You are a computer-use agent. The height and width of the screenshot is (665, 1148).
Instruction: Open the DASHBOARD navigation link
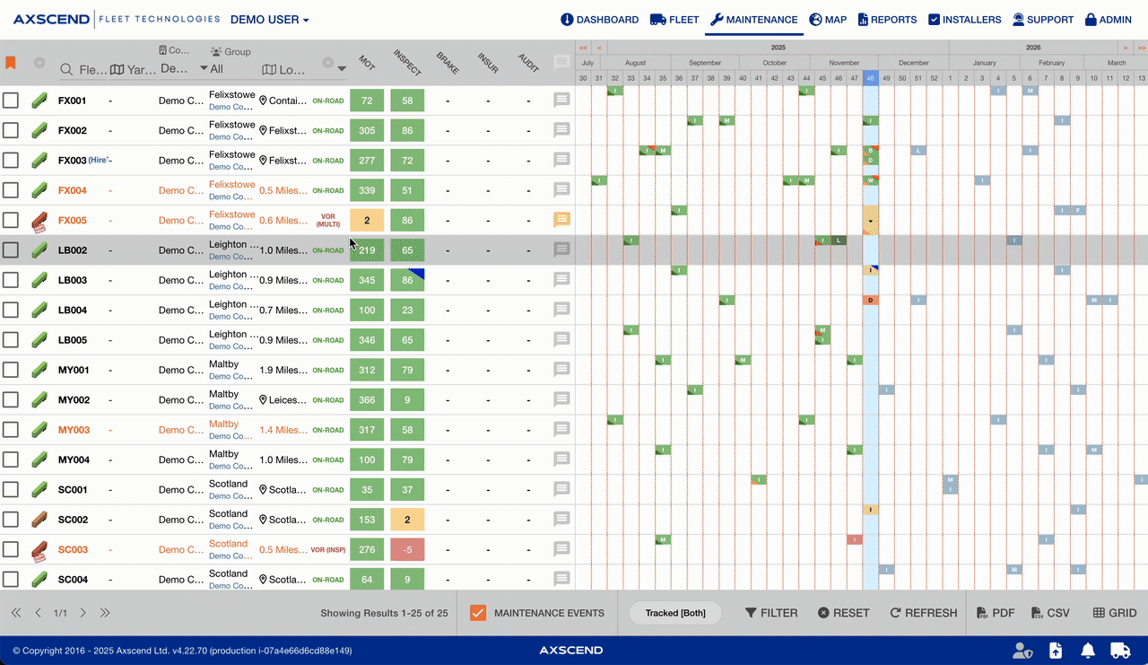point(600,20)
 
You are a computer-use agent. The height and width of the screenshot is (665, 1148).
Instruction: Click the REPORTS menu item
point(887,20)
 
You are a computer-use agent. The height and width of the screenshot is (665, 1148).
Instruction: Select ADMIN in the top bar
point(1108,20)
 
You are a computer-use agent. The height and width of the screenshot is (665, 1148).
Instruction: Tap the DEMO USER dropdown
point(269,20)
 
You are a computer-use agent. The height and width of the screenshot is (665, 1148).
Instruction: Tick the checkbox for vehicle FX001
point(10,101)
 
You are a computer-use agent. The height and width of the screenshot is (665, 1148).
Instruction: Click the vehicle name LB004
point(73,311)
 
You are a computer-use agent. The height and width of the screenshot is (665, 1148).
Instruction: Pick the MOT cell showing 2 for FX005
point(367,221)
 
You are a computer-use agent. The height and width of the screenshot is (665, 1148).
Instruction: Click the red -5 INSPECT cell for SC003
point(407,550)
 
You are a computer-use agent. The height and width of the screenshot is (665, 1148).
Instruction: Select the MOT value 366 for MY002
point(367,400)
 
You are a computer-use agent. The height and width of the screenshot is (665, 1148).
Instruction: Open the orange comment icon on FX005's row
point(562,220)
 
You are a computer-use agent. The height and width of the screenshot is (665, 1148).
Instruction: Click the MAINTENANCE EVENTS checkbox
point(478,613)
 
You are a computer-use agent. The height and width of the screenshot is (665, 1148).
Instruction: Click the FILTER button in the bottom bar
point(771,613)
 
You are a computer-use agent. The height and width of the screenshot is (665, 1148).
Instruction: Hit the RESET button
point(843,613)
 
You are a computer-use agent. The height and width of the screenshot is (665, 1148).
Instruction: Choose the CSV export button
point(1050,613)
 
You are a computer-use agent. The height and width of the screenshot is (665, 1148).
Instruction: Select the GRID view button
point(1115,613)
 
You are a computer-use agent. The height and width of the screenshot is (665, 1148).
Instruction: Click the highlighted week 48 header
point(870,78)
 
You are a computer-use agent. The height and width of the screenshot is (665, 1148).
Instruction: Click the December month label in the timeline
point(913,63)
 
